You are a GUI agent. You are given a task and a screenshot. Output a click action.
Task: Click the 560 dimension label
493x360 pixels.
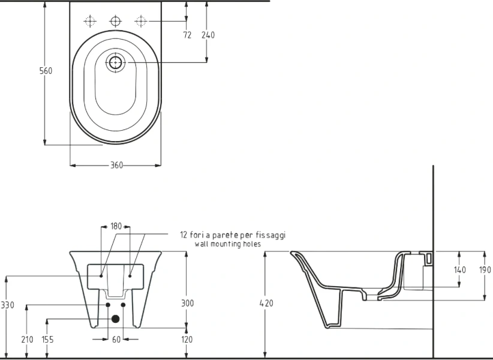coord(46,71)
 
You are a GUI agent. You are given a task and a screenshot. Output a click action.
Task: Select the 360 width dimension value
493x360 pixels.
coord(116,165)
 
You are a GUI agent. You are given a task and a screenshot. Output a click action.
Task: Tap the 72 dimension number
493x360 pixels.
coord(187,35)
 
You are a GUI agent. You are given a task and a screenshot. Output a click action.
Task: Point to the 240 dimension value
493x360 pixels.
coord(208,35)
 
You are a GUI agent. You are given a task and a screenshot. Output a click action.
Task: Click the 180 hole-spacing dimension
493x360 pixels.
coord(116,226)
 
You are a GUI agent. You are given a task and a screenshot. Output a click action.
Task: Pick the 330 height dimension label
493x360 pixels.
coord(7,305)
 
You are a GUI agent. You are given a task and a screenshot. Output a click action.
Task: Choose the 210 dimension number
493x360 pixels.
coord(27,340)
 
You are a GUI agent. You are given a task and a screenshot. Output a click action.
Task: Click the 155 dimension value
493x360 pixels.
coord(47,340)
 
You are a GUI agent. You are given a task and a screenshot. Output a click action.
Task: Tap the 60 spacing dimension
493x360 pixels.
coord(116,340)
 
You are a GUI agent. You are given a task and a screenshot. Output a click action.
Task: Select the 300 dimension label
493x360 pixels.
coord(187,304)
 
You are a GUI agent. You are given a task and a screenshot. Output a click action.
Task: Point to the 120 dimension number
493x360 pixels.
coord(187,340)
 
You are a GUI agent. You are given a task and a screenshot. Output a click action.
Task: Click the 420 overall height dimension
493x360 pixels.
coord(266,304)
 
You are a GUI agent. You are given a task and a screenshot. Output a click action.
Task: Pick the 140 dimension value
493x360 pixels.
coord(459,270)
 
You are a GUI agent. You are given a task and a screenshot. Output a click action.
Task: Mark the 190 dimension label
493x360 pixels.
coord(485,270)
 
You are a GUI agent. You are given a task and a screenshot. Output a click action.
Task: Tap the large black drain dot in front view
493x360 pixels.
coord(116,319)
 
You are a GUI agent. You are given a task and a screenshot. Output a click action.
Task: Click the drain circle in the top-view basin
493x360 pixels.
coord(115,62)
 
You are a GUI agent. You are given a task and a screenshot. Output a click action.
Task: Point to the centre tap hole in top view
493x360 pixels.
coord(115,21)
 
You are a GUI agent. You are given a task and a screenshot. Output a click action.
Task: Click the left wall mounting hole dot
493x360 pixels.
coord(101,276)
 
